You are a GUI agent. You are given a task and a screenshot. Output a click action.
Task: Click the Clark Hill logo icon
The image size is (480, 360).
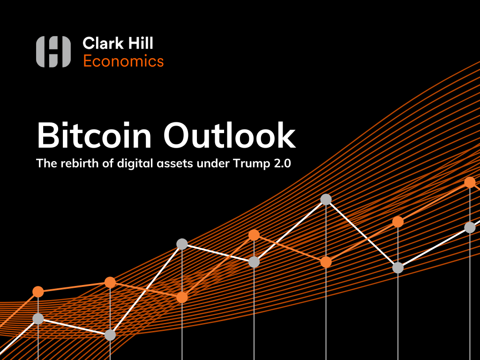click(53, 51)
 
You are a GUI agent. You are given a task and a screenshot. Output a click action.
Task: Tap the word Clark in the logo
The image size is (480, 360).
click(99, 44)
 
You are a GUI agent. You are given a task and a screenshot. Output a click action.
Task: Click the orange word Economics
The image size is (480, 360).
click(123, 61)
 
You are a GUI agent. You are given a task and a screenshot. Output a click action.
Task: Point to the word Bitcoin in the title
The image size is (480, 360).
click(94, 136)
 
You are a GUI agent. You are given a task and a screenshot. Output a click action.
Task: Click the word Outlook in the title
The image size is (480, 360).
click(229, 136)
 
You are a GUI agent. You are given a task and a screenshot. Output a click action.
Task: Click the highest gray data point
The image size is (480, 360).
click(326, 199)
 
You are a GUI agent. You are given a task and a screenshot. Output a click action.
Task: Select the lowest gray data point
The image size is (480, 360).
click(110, 335)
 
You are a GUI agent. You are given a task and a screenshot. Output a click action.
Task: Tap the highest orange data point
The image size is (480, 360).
click(470, 182)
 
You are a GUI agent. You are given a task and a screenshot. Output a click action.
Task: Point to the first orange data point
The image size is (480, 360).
click(38, 292)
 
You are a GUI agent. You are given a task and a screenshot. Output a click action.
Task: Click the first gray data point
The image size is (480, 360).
click(38, 319)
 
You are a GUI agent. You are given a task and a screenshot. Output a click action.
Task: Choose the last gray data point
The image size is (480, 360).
click(470, 227)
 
